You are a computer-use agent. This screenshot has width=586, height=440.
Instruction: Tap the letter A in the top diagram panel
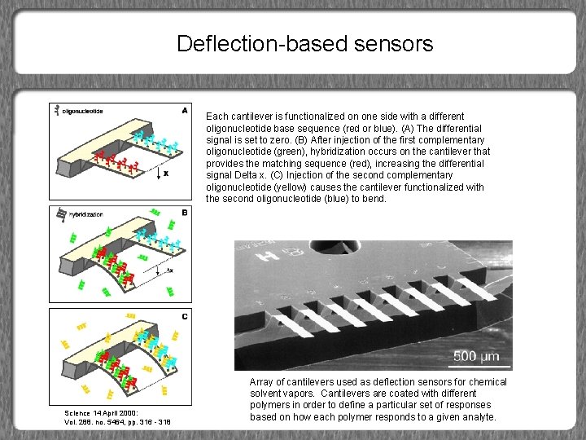pyautogui.click(x=185, y=109)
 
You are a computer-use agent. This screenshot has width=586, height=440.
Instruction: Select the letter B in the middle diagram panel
pyautogui.click(x=185, y=213)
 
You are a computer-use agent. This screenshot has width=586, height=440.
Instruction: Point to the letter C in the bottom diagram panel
pyautogui.click(x=185, y=315)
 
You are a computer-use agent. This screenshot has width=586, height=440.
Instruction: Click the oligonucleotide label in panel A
pyautogui.click(x=83, y=111)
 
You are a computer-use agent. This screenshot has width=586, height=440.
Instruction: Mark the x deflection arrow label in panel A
pyautogui.click(x=167, y=174)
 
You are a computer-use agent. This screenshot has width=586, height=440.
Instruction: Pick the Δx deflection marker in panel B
pyautogui.click(x=168, y=270)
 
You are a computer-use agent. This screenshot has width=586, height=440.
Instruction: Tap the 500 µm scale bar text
pyautogui.click(x=476, y=355)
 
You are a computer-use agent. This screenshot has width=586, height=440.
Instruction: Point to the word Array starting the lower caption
pyautogui.click(x=263, y=382)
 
